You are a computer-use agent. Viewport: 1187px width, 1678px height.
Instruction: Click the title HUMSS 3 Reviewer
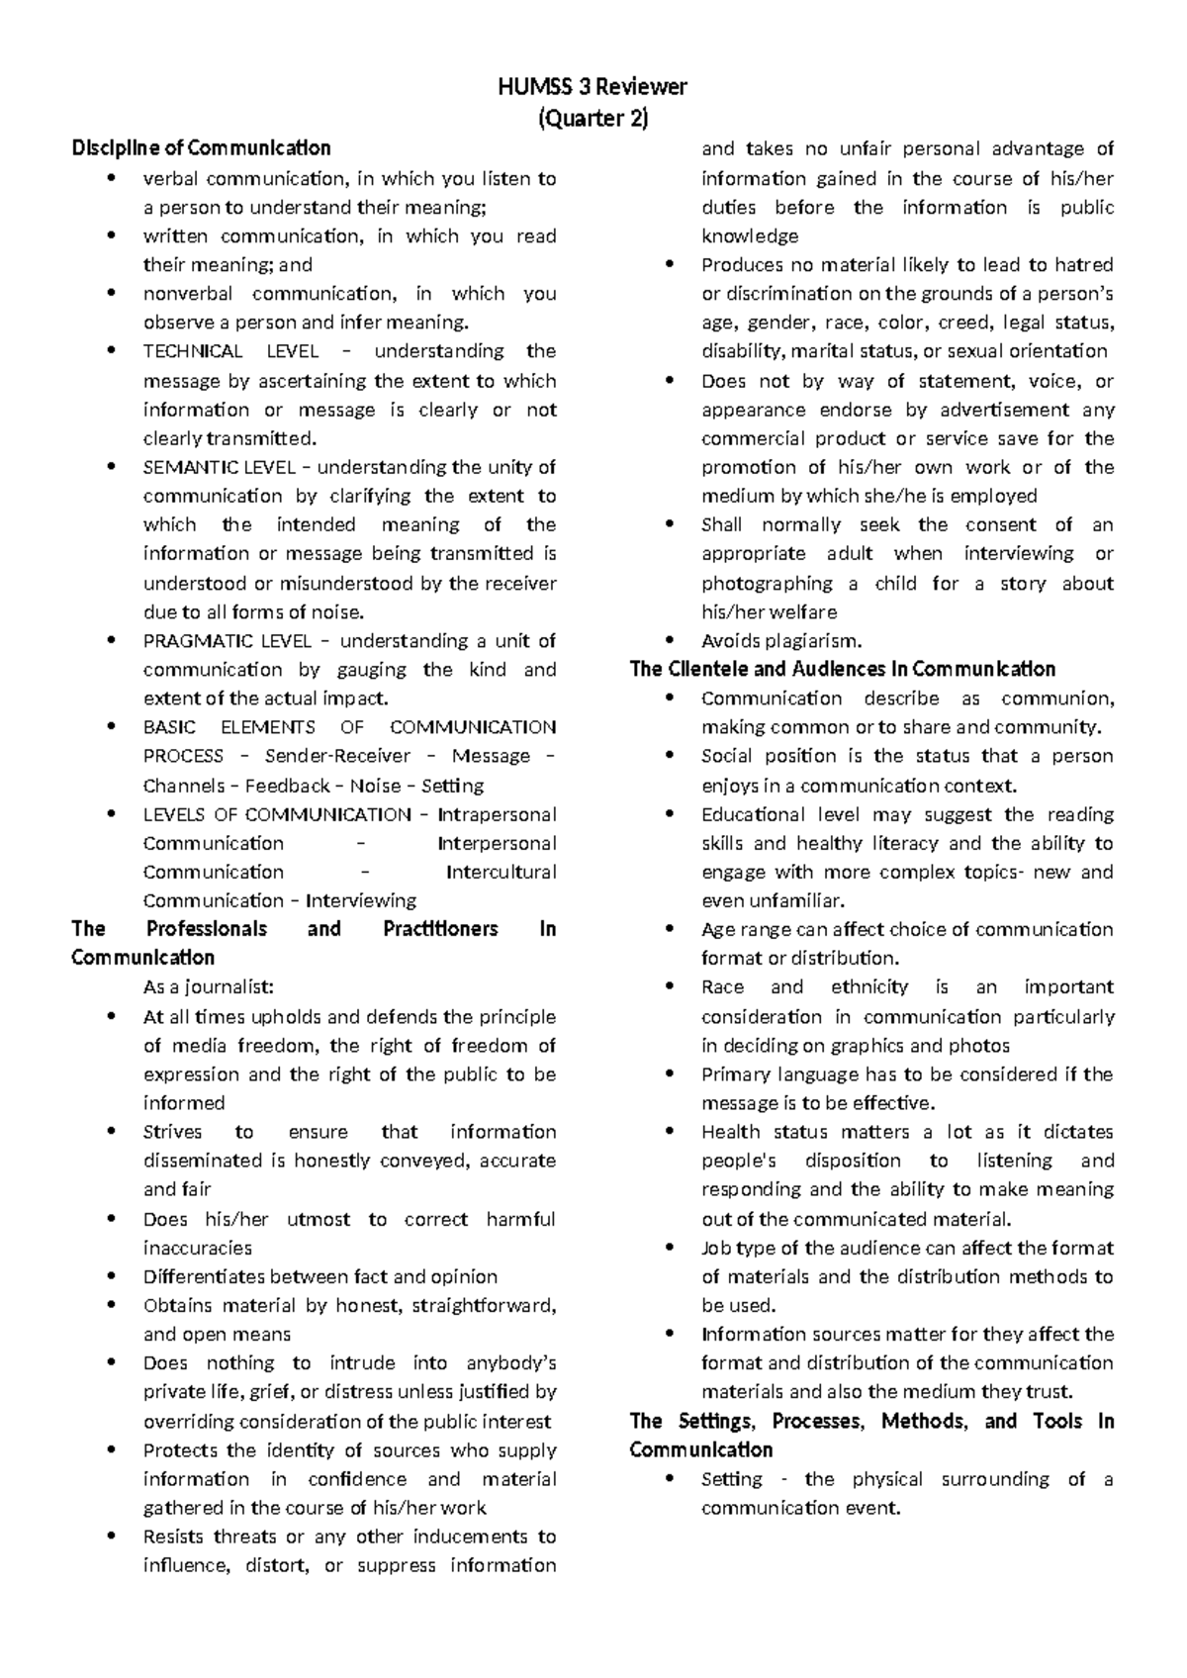pos(593,87)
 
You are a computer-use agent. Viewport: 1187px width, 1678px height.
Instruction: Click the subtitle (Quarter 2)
pos(593,119)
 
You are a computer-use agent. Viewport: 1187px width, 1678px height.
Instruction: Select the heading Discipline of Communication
pos(201,148)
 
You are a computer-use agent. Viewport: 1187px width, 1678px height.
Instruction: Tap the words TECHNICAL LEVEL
pos(231,351)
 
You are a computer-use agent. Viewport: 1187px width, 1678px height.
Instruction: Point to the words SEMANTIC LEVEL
pos(225,467)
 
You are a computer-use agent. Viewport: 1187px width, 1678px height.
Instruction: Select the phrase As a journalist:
pos(208,986)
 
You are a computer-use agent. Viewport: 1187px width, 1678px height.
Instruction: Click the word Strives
pos(172,1132)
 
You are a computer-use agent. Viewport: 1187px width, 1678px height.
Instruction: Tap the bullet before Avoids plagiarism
pos(672,640)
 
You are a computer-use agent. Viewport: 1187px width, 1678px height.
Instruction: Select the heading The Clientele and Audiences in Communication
pos(842,669)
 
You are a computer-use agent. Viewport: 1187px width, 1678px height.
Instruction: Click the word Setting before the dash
pos(731,1479)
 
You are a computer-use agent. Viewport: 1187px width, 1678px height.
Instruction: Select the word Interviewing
pos(361,900)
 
